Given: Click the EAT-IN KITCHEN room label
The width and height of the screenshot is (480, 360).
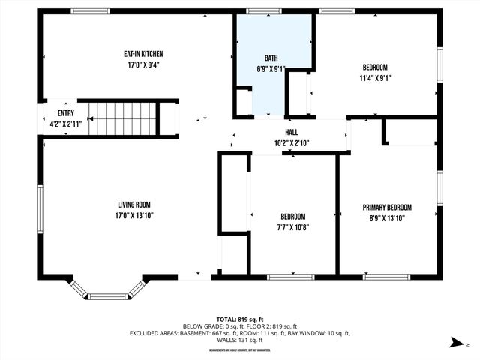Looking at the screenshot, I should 143,54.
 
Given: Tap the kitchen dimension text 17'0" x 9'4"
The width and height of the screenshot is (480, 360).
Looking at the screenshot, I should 143,64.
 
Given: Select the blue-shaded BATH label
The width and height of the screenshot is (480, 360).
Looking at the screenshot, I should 271,58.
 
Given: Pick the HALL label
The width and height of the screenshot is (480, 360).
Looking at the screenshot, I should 290,131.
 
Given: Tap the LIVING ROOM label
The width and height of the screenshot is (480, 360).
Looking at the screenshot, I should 134,205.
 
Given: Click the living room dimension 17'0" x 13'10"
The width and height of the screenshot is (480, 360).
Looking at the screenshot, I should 134,216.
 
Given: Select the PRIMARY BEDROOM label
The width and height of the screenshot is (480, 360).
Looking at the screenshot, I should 387,208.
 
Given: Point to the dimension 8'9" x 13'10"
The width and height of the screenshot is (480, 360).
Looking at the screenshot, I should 387,218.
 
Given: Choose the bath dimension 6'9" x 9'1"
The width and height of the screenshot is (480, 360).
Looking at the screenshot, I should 271,69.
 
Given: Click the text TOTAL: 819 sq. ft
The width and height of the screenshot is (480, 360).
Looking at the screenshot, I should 240,318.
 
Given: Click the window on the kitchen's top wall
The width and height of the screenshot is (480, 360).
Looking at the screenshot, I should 89,12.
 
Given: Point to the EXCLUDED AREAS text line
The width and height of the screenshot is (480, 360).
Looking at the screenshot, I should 240,332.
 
